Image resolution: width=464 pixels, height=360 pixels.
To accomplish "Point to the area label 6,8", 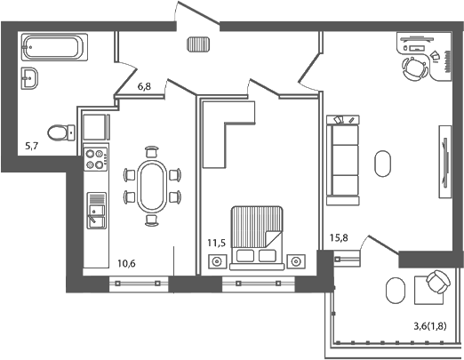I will tap(145, 86).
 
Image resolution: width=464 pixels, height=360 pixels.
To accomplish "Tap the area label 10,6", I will tap(125, 262).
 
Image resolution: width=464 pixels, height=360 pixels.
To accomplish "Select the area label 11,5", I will tap(215, 242).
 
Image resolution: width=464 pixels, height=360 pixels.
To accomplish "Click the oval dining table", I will tap(151, 186).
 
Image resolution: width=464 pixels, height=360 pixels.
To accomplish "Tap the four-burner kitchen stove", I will tap(94, 161).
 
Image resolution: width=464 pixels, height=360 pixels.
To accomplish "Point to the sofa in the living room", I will tap(342, 160).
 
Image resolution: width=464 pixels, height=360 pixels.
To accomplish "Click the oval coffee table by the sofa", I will tap(383, 164).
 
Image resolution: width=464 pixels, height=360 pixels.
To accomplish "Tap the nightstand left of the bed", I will tap(216, 261).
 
